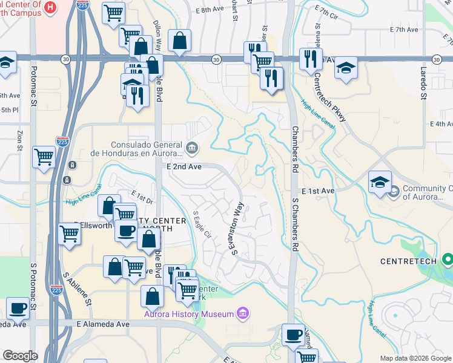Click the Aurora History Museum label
coord(188,314)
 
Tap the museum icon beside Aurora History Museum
coord(242,313)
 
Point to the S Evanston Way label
coord(237,229)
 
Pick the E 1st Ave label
coord(317,191)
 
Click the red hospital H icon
coord(51,7)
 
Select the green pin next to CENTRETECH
coord(448,260)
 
